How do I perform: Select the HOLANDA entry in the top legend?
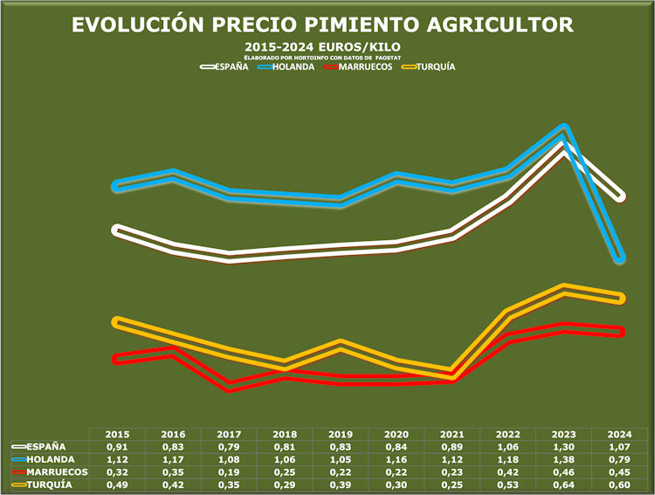click(x=293, y=66)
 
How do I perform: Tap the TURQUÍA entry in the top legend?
click(x=434, y=66)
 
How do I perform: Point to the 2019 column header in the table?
click(x=341, y=434)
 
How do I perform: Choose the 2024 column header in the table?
click(x=621, y=434)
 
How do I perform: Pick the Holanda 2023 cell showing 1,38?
click(x=565, y=459)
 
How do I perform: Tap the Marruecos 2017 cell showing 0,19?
click(x=229, y=471)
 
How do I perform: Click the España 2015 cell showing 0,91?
click(x=116, y=446)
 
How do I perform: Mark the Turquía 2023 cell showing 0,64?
click(x=565, y=484)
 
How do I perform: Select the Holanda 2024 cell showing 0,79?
click(x=621, y=459)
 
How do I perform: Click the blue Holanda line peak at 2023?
click(x=565, y=130)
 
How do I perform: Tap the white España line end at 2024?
click(x=620, y=196)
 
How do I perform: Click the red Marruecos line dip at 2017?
click(x=229, y=387)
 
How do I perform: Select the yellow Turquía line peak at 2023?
click(x=565, y=289)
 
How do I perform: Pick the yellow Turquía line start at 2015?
click(x=116, y=322)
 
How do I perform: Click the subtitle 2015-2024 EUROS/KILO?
click(x=327, y=45)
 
